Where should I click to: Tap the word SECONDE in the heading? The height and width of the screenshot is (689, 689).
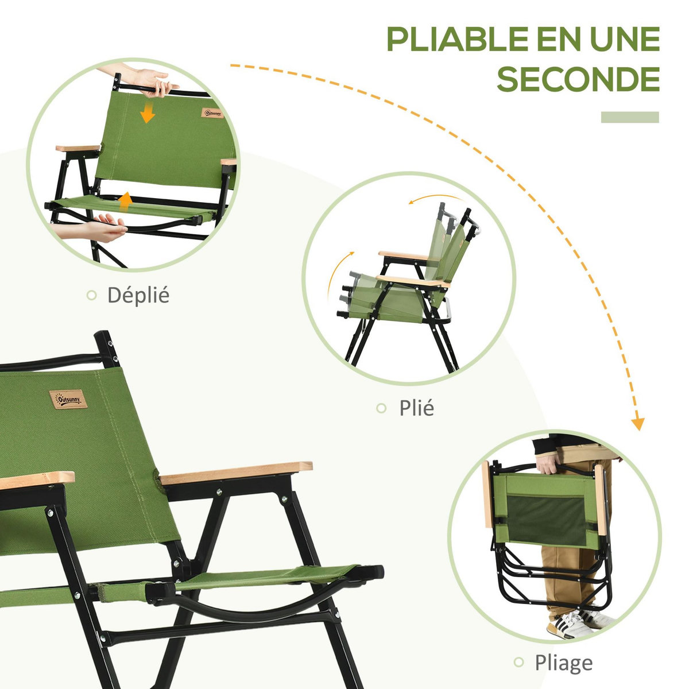[578, 80]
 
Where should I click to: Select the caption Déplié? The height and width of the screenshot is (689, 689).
[138, 295]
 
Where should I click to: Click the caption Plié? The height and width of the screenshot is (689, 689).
[417, 408]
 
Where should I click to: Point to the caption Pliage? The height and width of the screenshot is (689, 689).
[563, 663]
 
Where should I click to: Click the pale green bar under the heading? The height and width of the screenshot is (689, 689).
[630, 117]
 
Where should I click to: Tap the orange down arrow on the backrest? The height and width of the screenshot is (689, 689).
[148, 113]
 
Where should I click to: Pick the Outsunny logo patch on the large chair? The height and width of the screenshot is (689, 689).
[67, 398]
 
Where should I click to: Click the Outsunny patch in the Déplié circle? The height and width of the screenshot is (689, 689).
[211, 113]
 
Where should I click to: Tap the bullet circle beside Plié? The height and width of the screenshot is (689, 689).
[381, 408]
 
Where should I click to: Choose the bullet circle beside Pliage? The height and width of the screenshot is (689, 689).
[519, 663]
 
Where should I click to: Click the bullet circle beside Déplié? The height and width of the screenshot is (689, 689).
[91, 295]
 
